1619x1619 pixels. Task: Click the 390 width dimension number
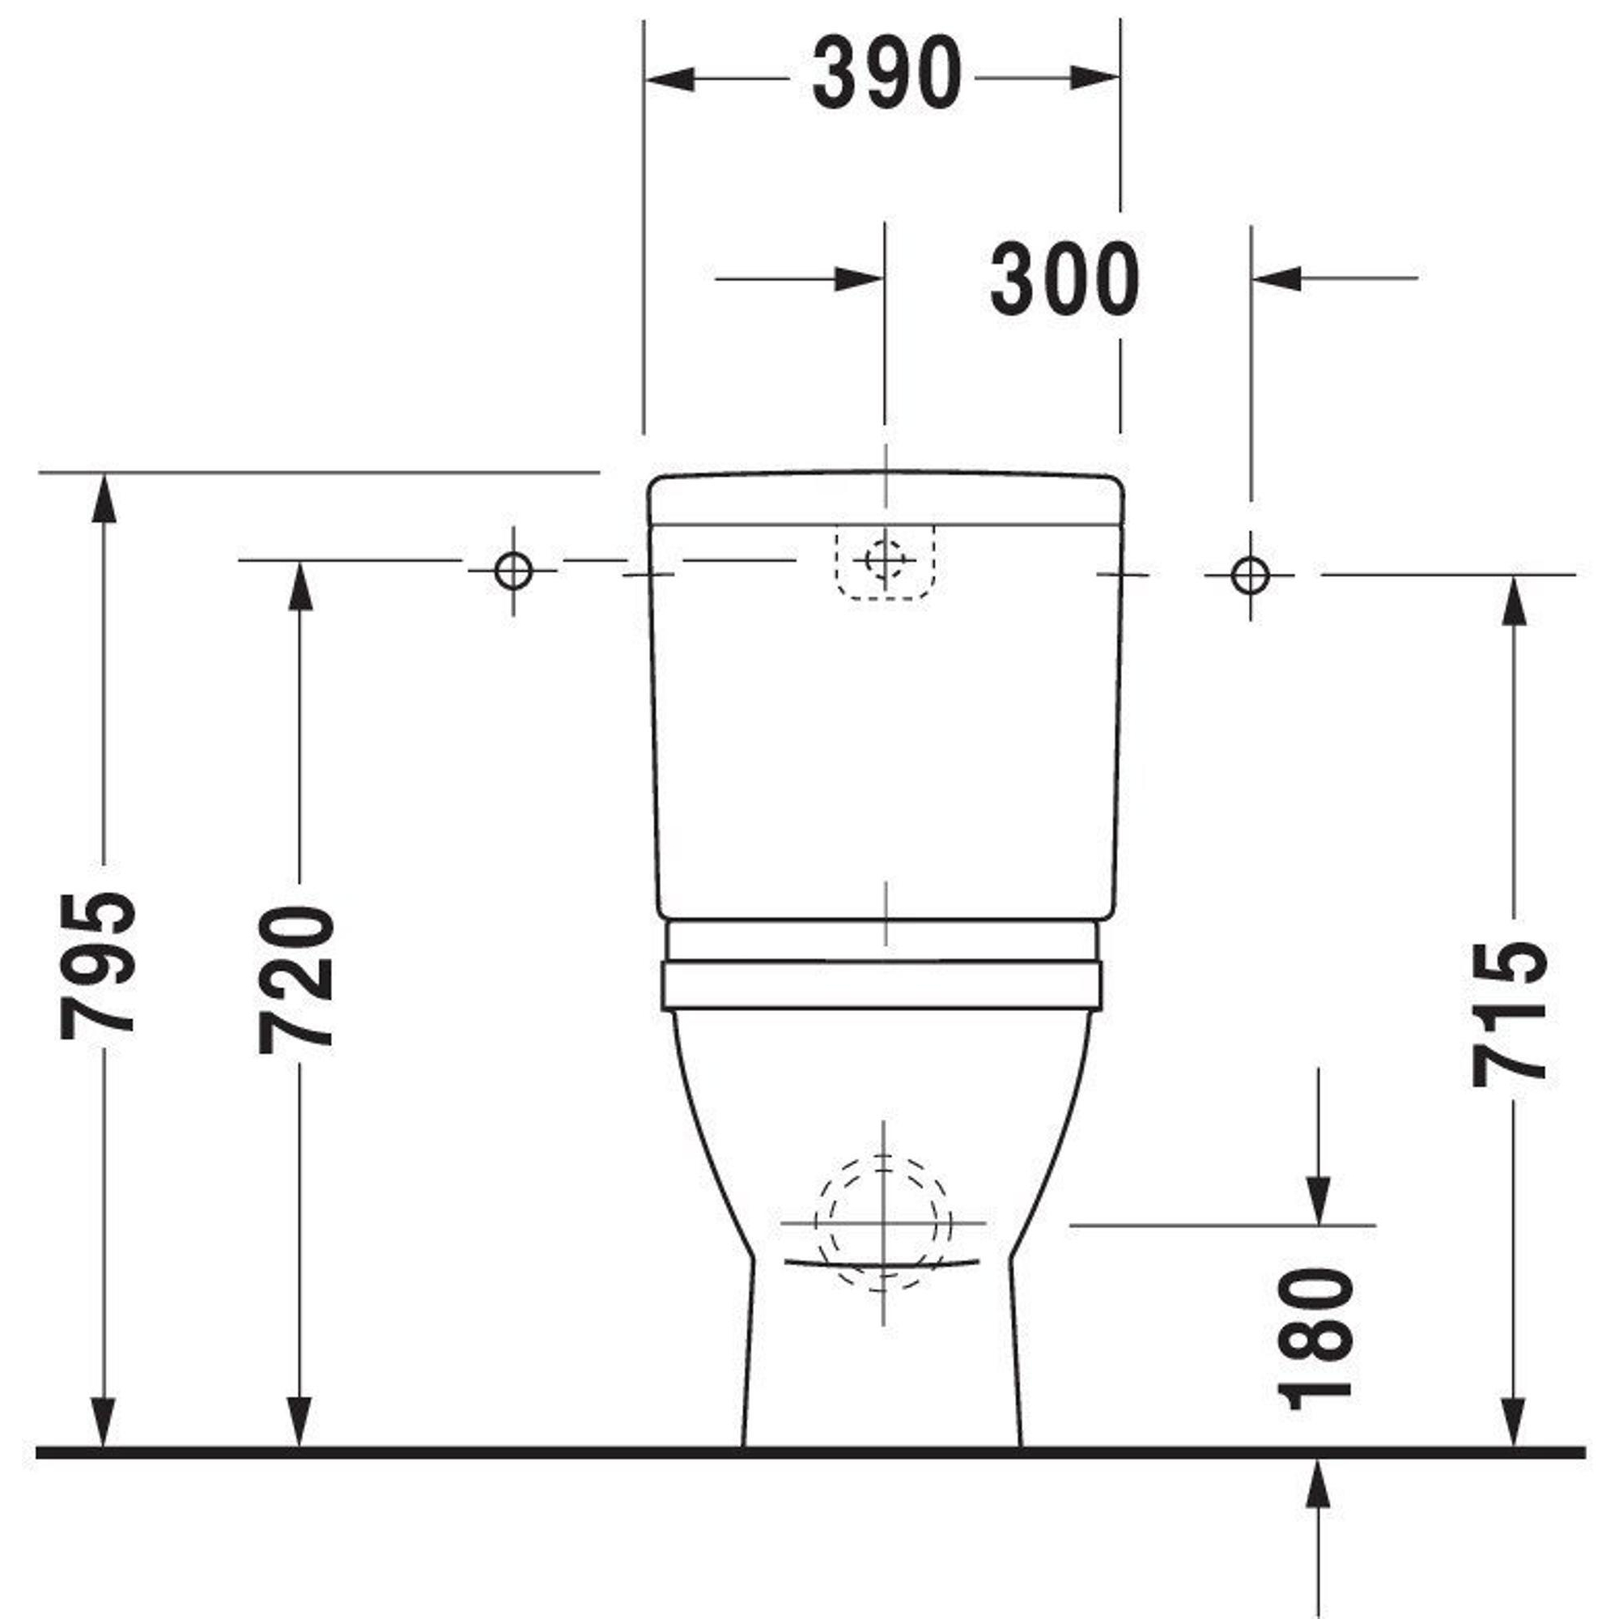886,74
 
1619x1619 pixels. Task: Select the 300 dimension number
1064,279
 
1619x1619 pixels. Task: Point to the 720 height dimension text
296,979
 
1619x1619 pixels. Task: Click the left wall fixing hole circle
513,572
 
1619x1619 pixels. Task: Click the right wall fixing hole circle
1251,576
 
